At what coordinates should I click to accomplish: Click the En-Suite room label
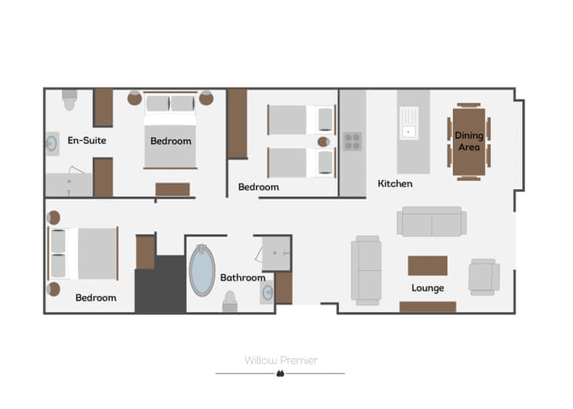pyautogui.click(x=87, y=140)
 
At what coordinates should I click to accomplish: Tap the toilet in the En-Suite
pyautogui.click(x=70, y=100)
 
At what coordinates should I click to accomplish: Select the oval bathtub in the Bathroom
pyautogui.click(x=202, y=270)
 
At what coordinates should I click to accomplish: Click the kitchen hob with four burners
pyautogui.click(x=352, y=142)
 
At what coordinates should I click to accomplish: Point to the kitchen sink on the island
pyautogui.click(x=409, y=123)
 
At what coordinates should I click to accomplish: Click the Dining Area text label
pyautogui.click(x=469, y=141)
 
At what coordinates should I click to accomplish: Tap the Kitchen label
pyautogui.click(x=395, y=183)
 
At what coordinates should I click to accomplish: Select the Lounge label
pyautogui.click(x=428, y=288)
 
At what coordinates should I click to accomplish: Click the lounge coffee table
pyautogui.click(x=428, y=265)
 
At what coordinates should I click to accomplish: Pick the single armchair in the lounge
pyautogui.click(x=484, y=277)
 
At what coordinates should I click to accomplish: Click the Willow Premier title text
pyautogui.click(x=281, y=361)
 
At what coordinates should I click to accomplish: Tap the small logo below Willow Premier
pyautogui.click(x=280, y=374)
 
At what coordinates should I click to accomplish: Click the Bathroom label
pyautogui.click(x=243, y=277)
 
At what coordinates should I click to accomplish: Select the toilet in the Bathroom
pyautogui.click(x=230, y=301)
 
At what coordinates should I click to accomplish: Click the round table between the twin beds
pyautogui.click(x=323, y=142)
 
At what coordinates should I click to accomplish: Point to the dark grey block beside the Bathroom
pyautogui.click(x=161, y=284)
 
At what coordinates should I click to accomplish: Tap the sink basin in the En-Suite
pyautogui.click(x=52, y=144)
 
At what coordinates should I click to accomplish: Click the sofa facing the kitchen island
pyautogui.click(x=432, y=222)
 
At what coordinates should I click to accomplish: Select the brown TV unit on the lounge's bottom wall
pyautogui.click(x=428, y=307)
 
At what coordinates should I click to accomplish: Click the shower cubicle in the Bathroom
pyautogui.click(x=277, y=254)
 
